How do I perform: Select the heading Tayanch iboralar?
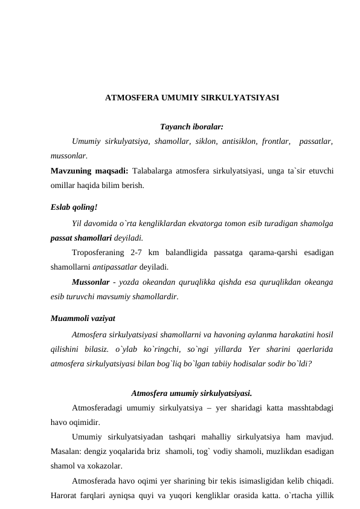point(191,127)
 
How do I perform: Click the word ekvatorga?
point(240,224)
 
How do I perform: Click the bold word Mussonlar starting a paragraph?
point(90,282)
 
